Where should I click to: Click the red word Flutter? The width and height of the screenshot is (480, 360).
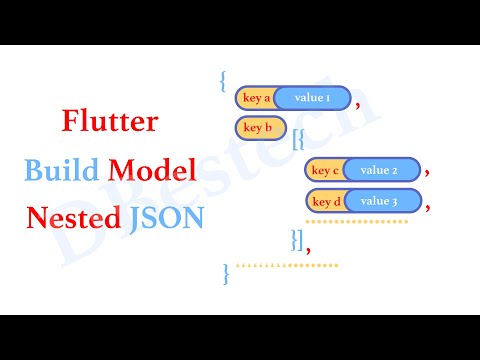[111, 125]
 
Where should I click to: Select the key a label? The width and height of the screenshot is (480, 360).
[255, 98]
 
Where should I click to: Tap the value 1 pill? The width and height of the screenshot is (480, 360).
[311, 98]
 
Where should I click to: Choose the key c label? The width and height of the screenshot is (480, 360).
[325, 170]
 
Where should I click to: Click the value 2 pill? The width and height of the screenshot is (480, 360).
[379, 170]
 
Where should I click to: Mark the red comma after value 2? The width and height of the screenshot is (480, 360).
[427, 174]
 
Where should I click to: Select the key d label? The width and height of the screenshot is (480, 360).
[325, 201]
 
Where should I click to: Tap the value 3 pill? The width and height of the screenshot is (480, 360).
[379, 201]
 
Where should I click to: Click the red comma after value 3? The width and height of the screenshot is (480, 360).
[427, 206]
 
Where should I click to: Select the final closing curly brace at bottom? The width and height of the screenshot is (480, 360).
[227, 269]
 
